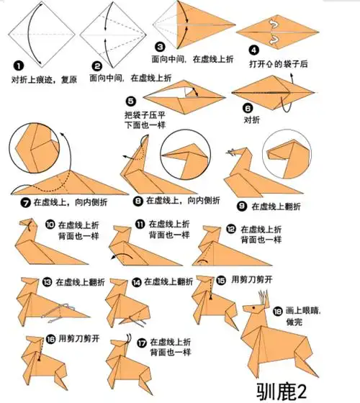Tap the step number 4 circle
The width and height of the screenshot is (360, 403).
pyautogui.click(x=253, y=50)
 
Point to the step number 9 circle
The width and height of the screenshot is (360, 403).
pyautogui.click(x=242, y=206)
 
